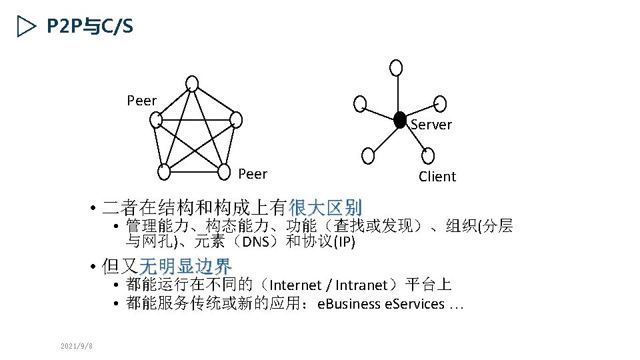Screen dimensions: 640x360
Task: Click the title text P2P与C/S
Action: click(90, 27)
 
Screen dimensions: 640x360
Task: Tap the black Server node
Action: click(399, 119)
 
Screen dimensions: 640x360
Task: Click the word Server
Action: click(431, 125)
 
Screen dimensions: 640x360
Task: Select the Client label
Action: click(437, 177)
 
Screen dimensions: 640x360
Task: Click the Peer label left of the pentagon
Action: click(141, 101)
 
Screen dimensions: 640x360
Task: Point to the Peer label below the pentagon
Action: click(253, 174)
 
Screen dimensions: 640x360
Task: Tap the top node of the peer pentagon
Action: click(192, 83)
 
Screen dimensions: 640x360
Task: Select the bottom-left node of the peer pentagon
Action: click(165, 171)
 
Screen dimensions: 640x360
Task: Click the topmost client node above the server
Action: click(397, 67)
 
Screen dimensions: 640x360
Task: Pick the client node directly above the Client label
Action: click(427, 155)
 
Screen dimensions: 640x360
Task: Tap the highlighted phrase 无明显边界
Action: click(185, 267)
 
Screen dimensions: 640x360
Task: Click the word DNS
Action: click(255, 241)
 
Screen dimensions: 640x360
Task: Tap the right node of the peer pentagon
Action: click(235, 119)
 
